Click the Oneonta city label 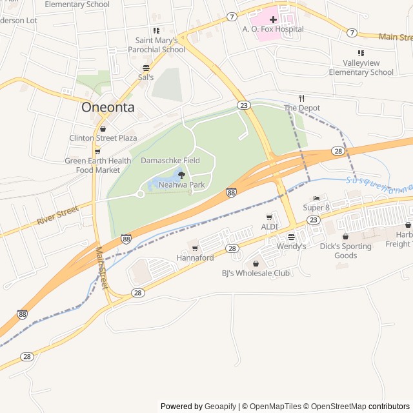pos(108,108)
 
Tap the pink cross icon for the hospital pos(273,19)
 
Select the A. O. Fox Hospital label pos(272,29)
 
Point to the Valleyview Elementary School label pos(361,68)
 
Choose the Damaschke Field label pos(170,161)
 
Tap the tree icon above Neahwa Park pos(181,175)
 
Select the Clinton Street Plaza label pos(103,138)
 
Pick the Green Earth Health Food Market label pos(97,165)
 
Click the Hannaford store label pos(195,258)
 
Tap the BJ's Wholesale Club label pos(256,273)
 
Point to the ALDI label pos(269,227)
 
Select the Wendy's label pos(291,247)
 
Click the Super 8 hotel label pos(316,208)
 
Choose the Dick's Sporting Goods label pos(345,251)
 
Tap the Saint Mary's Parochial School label pos(156,45)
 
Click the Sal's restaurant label pos(146,77)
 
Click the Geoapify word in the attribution pos(221,407)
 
